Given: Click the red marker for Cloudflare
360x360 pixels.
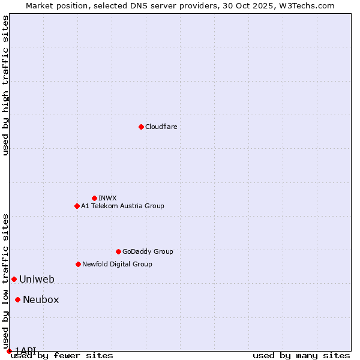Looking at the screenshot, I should tap(141, 127).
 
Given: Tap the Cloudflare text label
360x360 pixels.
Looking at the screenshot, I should tap(161, 127).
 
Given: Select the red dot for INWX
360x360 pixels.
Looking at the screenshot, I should tap(94, 198).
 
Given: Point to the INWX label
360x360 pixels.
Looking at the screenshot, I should tap(107, 198).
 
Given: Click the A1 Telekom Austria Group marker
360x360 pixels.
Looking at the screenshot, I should tap(77, 206).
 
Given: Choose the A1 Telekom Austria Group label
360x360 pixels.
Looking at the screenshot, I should tap(122, 206).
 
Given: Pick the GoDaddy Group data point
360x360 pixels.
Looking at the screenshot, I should tap(118, 251).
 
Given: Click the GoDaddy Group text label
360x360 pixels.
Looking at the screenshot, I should tap(148, 251).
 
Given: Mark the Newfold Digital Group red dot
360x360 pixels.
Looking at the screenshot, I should tap(78, 264).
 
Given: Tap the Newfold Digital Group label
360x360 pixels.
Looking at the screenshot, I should tap(117, 264).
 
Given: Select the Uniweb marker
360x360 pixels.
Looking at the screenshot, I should tap(14, 279).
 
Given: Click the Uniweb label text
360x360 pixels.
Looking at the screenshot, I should tap(37, 279).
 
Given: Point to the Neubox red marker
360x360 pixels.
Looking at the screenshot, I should tap(18, 299).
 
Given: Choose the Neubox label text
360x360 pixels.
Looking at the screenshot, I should tap(41, 299).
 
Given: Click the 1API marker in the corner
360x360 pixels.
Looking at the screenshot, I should tap(9, 351).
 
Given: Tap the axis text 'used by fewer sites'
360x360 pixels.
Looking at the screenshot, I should tap(62, 356).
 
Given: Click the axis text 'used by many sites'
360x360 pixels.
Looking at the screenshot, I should tap(301, 356).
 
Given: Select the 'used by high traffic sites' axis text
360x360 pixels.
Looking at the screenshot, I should tap(5, 85).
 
